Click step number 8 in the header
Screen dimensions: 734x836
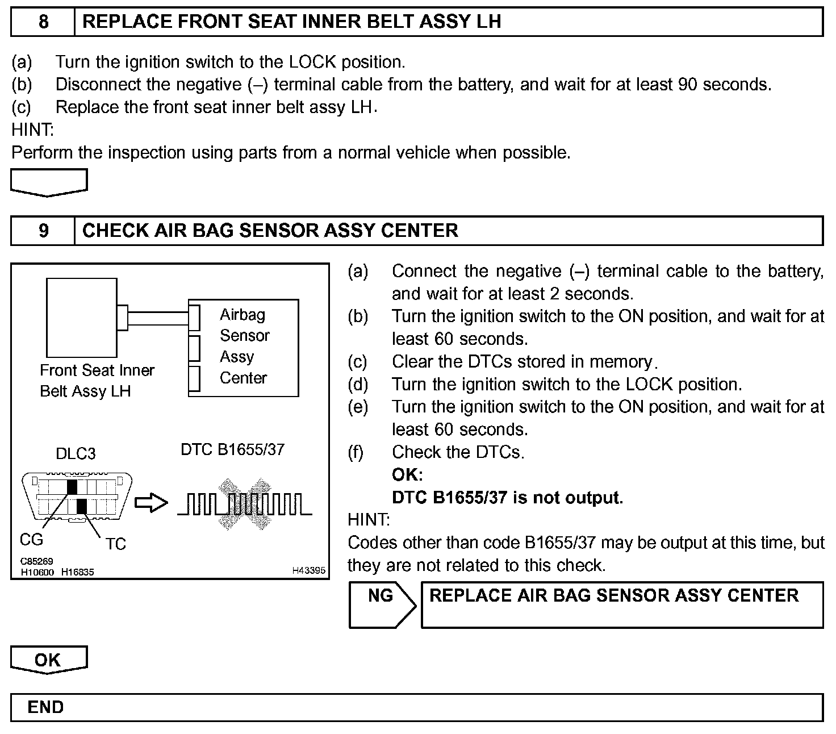(x=43, y=22)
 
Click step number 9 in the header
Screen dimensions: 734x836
(x=43, y=231)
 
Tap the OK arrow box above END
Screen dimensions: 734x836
(x=49, y=660)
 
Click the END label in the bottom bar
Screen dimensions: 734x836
(x=45, y=707)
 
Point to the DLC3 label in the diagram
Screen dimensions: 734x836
(x=76, y=453)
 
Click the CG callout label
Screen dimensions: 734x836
(x=31, y=539)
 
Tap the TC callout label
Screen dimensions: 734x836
(x=115, y=544)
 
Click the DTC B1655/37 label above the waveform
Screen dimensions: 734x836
(x=232, y=449)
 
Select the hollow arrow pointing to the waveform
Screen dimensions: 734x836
(x=151, y=503)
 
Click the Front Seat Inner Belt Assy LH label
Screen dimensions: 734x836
(x=97, y=381)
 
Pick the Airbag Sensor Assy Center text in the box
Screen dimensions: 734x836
(x=244, y=346)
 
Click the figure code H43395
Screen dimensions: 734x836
(x=308, y=570)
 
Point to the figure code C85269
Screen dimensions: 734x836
(x=36, y=562)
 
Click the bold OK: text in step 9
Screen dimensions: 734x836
(x=407, y=475)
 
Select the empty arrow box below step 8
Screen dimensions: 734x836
(x=49, y=183)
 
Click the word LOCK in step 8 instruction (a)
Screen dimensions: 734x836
(x=312, y=62)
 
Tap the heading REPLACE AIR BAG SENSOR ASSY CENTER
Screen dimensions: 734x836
(x=614, y=595)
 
